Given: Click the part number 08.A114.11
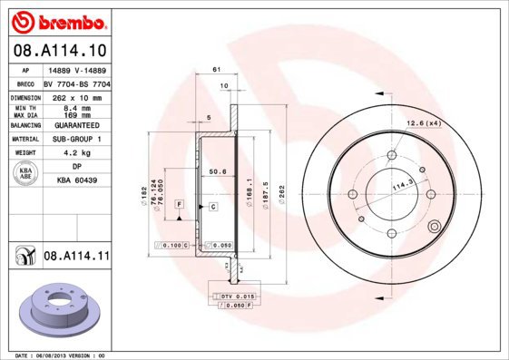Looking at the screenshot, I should point(76,258).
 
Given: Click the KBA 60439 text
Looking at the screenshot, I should point(76,181).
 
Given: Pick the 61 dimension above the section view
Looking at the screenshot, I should point(216,70).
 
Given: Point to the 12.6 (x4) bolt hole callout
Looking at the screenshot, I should point(423,122).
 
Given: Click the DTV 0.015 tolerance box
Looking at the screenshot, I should point(238,297).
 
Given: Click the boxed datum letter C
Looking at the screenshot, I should point(211,207).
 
